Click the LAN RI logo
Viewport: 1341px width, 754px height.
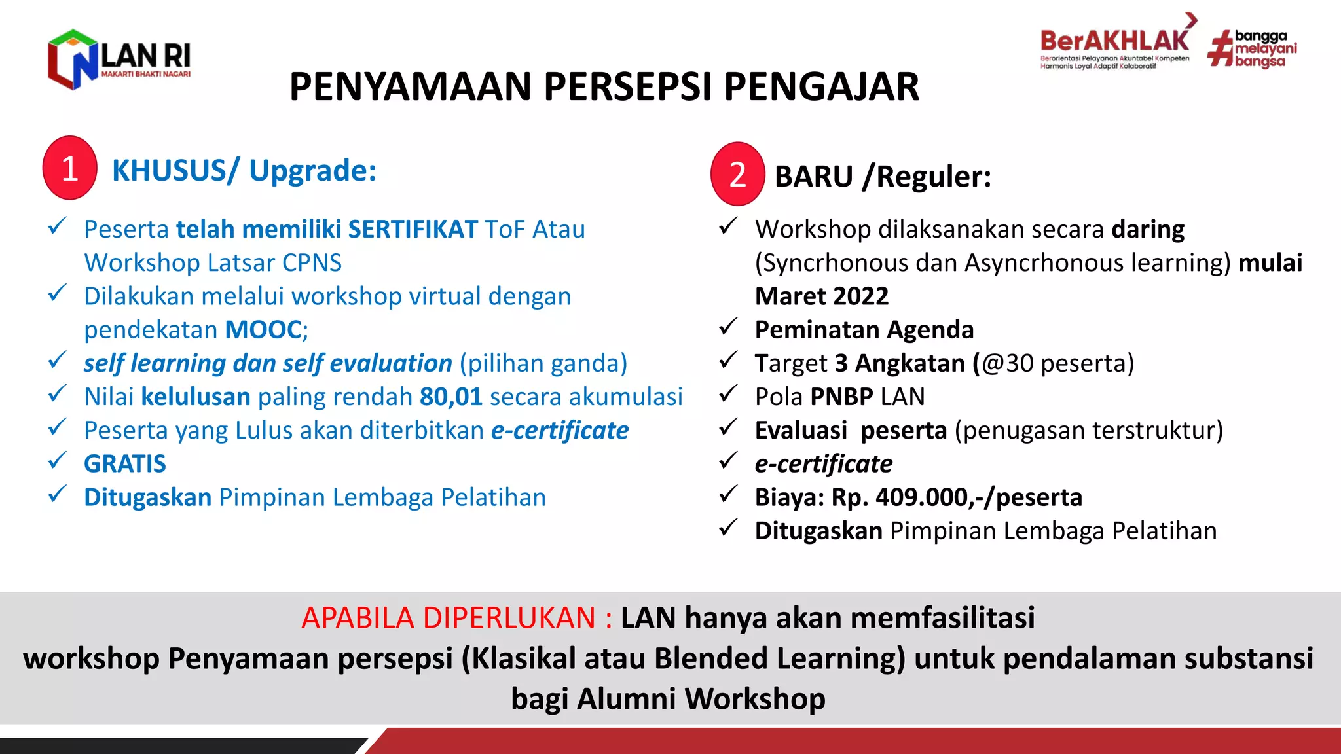tap(119, 59)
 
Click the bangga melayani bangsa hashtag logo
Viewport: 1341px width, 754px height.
tap(1252, 49)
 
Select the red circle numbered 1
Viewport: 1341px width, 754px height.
tap(70, 168)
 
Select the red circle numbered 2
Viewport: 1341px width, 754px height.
tap(738, 175)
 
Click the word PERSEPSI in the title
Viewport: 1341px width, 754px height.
tap(627, 87)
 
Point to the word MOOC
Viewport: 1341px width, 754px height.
tap(263, 330)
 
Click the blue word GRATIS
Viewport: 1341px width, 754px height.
tap(125, 464)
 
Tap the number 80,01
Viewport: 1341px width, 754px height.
tap(450, 397)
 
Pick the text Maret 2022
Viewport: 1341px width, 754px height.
tap(822, 296)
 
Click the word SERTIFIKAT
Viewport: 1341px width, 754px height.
tap(413, 230)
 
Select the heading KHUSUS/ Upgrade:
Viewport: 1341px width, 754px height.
tap(244, 171)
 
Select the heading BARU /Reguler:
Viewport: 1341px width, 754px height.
tap(883, 177)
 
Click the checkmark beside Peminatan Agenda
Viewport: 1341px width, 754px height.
tap(728, 327)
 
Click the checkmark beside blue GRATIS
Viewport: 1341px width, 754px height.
tap(58, 461)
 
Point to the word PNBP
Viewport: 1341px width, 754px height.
tap(841, 397)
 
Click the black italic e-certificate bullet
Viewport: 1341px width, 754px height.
tap(823, 464)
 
